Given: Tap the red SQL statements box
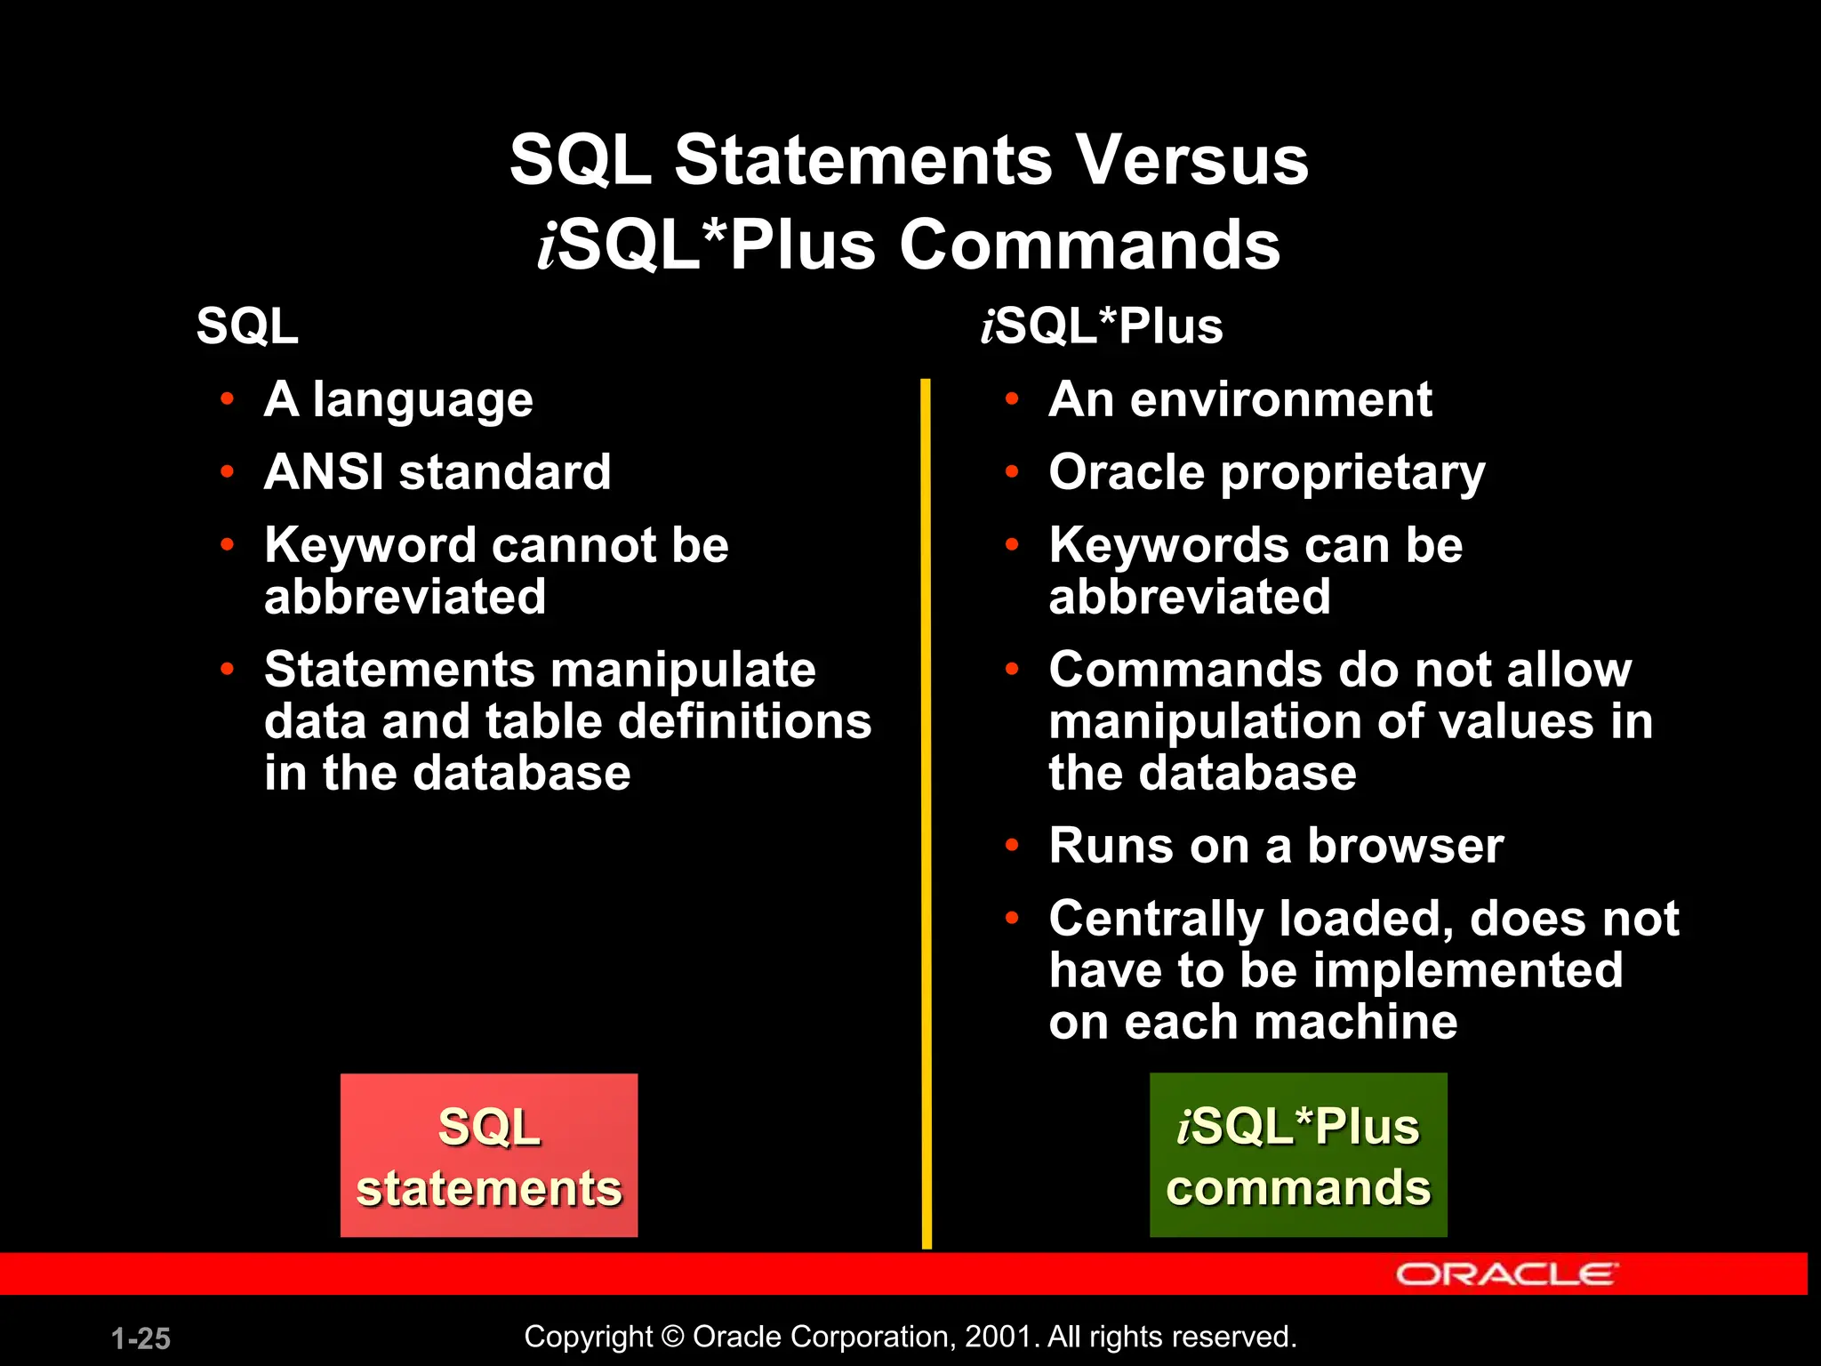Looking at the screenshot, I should (489, 1155).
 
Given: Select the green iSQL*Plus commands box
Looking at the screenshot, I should (1298, 1155).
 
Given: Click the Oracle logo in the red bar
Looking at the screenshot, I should (1506, 1274).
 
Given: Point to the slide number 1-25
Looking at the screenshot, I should (140, 1338).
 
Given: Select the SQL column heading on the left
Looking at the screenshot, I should (247, 326).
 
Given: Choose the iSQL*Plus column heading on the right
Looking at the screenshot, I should (1102, 326).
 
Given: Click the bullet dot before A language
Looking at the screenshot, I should (228, 399).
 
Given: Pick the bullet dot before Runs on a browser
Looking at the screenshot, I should (1012, 845).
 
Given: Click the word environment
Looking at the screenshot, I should (1280, 399).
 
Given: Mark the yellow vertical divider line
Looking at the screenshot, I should (926, 800).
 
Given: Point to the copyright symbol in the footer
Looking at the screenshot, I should (673, 1337).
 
